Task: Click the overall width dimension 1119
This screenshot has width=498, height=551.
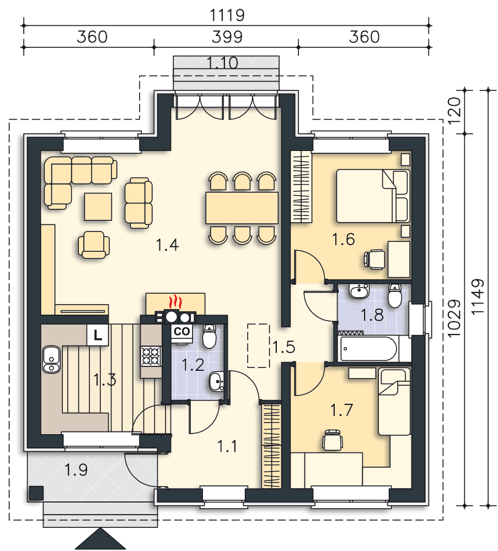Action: coord(227,15)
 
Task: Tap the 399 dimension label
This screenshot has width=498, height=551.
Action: coord(227,37)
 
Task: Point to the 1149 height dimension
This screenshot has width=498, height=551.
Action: coord(478,298)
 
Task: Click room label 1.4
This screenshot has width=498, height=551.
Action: coord(168,245)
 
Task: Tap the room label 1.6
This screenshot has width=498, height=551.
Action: coord(343,239)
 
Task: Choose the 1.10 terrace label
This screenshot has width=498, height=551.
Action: coord(222,63)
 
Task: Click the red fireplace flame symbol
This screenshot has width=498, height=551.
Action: coord(175,302)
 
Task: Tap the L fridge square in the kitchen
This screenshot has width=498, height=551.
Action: coord(98,335)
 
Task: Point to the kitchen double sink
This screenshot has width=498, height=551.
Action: coord(51,359)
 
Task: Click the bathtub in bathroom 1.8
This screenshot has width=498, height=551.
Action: coord(369,349)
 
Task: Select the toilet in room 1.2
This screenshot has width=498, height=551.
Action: coord(209,336)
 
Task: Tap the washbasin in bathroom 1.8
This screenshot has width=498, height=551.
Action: coord(359,291)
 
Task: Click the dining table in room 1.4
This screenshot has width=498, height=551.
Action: coord(242,207)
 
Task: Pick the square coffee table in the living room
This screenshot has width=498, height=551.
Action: coord(98,207)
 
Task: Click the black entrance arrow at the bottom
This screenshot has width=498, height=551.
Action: coord(100,539)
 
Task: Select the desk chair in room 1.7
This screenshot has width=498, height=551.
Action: coord(333,440)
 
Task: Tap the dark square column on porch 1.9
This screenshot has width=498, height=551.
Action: coord(36,493)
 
